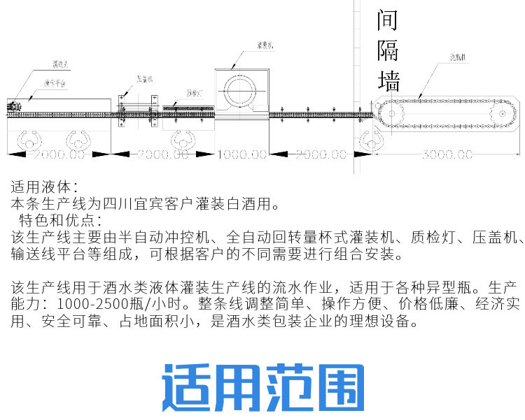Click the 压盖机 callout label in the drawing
(x=145, y=79)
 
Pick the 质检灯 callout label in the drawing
(x=195, y=92)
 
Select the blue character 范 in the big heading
(x=290, y=387)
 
